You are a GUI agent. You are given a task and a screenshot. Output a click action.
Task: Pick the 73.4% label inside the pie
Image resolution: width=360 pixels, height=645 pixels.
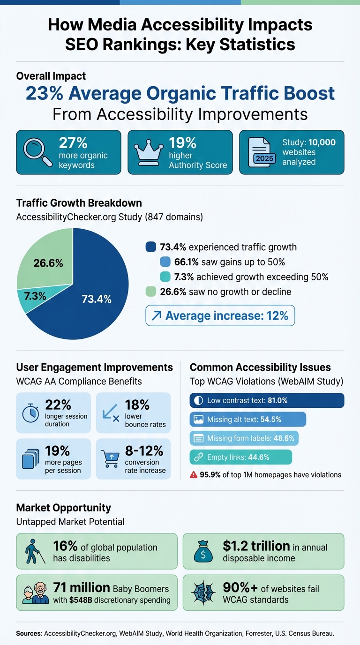(x=96, y=299)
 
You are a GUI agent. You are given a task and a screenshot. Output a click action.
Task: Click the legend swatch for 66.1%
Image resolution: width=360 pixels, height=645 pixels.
(x=165, y=262)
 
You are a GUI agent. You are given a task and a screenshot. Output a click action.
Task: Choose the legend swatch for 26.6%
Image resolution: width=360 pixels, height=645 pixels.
(x=151, y=292)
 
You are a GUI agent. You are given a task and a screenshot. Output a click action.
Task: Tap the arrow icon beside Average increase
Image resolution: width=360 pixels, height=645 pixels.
(x=156, y=315)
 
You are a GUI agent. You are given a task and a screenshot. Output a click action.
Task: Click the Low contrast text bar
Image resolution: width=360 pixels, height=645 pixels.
(x=267, y=400)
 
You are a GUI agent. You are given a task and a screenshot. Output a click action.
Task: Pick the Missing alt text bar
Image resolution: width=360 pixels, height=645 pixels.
(x=247, y=420)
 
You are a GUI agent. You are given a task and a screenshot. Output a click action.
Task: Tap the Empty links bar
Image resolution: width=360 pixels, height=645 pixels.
(x=240, y=457)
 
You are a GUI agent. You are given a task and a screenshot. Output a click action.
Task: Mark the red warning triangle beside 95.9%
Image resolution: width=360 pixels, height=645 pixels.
(x=194, y=475)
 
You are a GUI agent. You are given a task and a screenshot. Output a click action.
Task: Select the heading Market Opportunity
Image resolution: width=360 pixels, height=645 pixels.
(x=63, y=508)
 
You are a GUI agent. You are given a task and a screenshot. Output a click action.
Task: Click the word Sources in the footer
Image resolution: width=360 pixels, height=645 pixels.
(x=29, y=633)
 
